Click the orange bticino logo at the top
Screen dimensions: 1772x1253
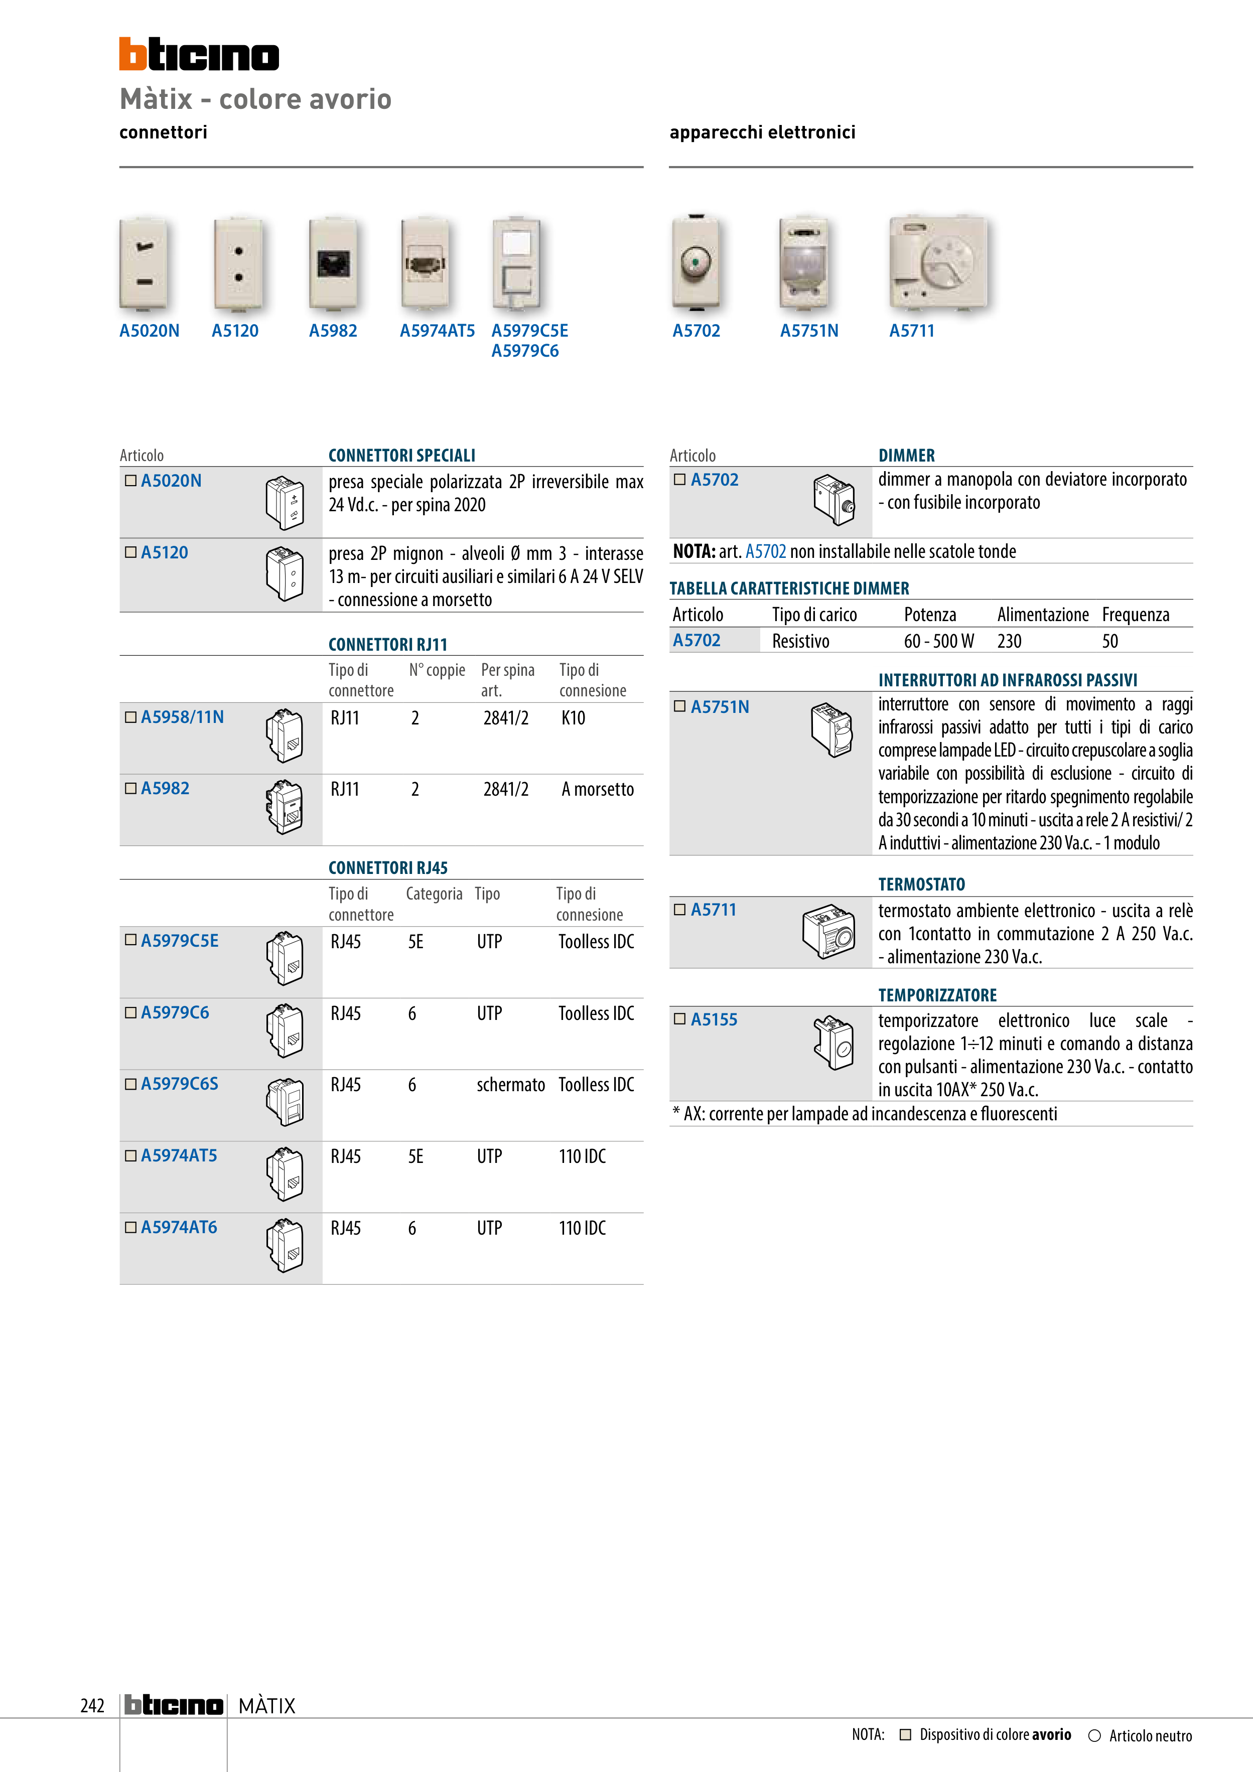coord(198,54)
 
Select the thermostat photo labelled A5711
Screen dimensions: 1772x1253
coord(938,263)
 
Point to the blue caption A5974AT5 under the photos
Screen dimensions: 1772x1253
coord(437,331)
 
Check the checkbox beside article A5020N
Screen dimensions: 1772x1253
coord(130,480)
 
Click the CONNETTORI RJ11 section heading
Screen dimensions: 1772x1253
coord(387,645)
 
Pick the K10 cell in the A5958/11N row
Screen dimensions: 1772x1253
coord(573,718)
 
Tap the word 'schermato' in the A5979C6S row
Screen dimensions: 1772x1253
coord(510,1084)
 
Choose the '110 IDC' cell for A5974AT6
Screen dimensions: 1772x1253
coord(582,1228)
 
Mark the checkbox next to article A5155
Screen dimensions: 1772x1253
coord(679,1019)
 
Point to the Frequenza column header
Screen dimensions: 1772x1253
coord(1135,615)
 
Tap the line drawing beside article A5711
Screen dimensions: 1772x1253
coord(828,932)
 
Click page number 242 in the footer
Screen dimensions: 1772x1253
coord(92,1706)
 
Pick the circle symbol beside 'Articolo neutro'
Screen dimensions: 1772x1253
coord(1094,1736)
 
